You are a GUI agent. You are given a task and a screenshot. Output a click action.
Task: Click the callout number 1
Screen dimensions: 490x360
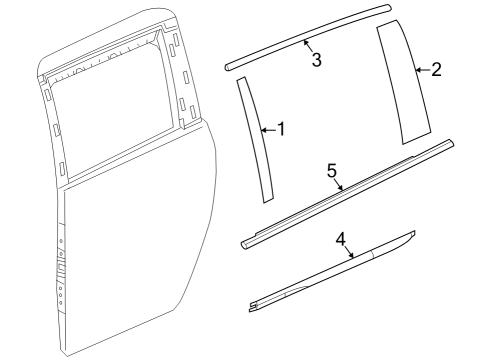coord(281,129)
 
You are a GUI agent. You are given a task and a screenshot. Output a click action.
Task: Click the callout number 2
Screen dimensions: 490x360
coord(435,70)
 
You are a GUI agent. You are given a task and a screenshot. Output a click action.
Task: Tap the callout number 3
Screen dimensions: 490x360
coord(316,61)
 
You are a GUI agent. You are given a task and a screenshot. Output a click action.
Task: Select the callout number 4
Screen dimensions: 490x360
coord(340,239)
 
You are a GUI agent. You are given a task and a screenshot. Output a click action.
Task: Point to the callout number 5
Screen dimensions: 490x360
coord(331,170)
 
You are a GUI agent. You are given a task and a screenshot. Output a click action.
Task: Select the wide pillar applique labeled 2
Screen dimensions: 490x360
coord(405,80)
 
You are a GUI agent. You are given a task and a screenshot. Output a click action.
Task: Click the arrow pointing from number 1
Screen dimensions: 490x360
coord(266,129)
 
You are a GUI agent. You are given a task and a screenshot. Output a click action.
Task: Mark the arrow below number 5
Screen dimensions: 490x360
coord(341,184)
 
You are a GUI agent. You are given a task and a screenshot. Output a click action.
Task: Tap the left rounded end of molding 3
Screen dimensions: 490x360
coord(231,67)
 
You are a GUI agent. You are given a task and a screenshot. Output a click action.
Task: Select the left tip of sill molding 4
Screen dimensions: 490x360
coord(252,300)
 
